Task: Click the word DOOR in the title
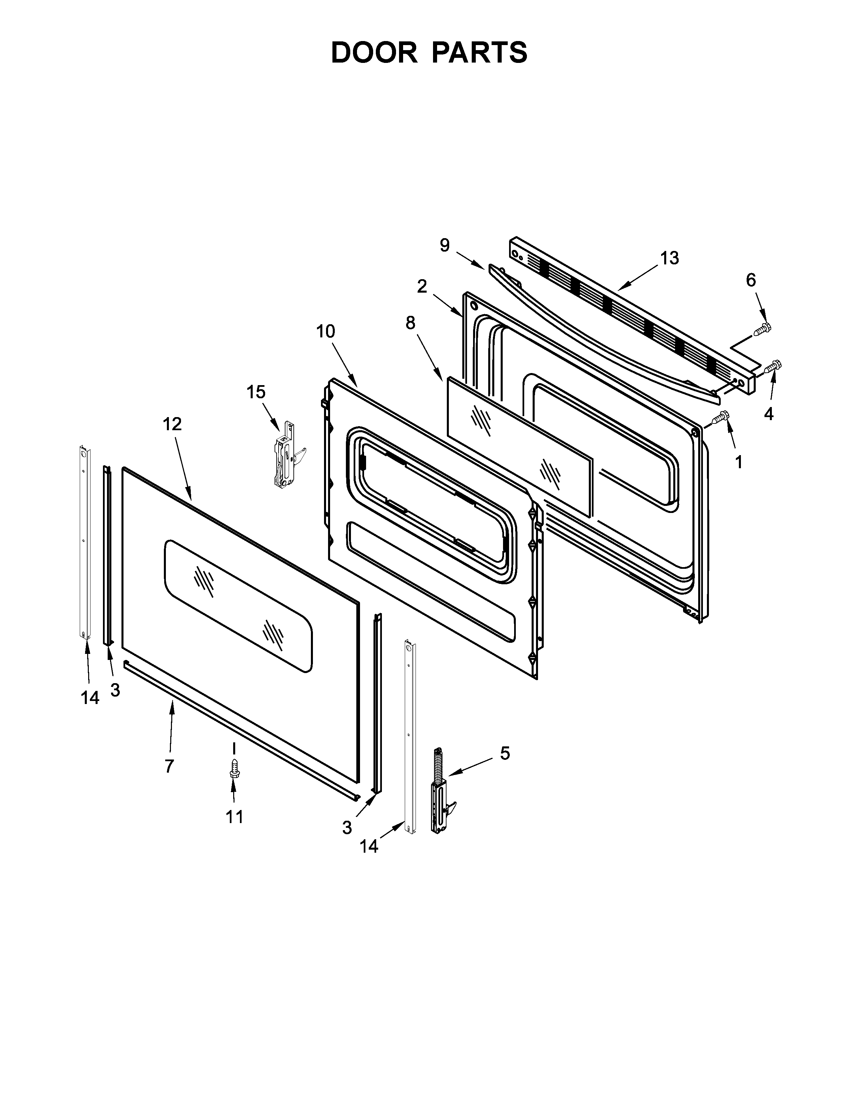[x=373, y=52]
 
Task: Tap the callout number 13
[x=670, y=258]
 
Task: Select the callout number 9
[x=445, y=246]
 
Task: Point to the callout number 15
[x=256, y=392]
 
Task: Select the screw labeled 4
[x=775, y=366]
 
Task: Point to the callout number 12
[x=172, y=424]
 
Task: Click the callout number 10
[x=326, y=331]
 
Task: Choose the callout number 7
[x=169, y=766]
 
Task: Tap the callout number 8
[x=410, y=323]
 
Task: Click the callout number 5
[x=505, y=753]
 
